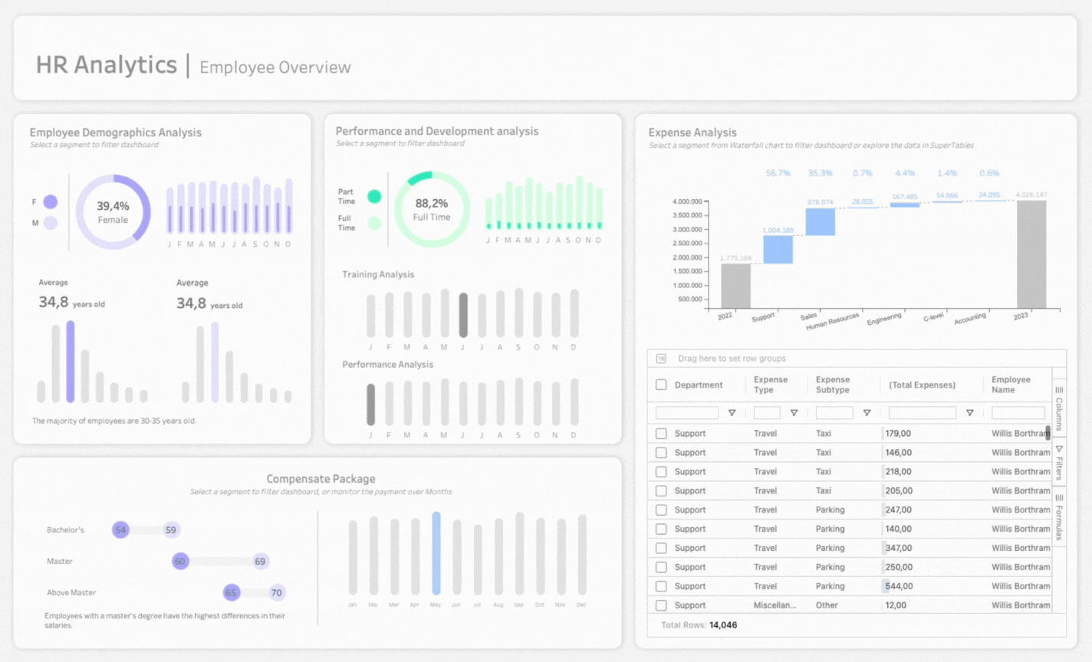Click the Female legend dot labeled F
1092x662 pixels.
click(x=51, y=202)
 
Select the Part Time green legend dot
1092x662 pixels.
click(x=374, y=196)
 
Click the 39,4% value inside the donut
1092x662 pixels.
click(x=113, y=206)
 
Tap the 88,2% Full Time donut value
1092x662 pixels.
click(x=432, y=204)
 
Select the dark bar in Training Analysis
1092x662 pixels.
click(x=463, y=315)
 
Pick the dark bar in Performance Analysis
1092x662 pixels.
click(x=370, y=404)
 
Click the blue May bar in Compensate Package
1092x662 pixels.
click(x=436, y=553)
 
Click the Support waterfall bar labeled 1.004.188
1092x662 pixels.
click(x=778, y=250)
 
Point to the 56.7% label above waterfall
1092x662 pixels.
click(x=778, y=173)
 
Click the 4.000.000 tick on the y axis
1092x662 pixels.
click(x=686, y=202)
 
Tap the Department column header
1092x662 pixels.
click(x=698, y=385)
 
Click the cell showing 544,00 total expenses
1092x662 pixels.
click(x=899, y=586)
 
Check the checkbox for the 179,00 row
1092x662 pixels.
click(x=661, y=434)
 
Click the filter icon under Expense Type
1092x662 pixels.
click(x=794, y=413)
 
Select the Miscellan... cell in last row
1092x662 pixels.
click(x=775, y=605)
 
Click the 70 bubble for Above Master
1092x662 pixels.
click(x=276, y=592)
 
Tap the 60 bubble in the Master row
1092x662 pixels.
click(x=180, y=562)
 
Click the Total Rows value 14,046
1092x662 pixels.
click(x=723, y=625)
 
